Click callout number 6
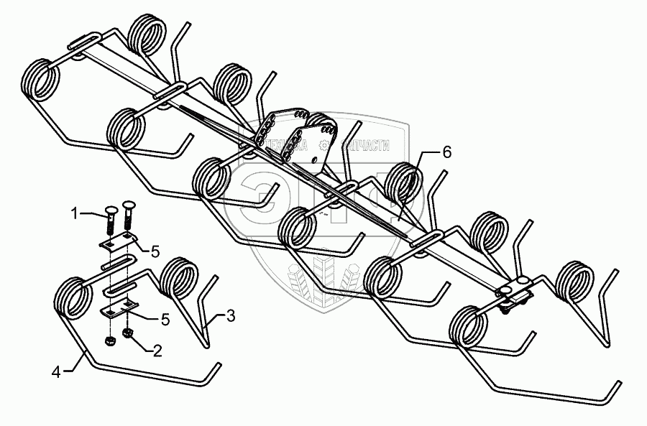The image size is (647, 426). coord(446,152)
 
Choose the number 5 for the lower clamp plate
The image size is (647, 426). coord(165,319)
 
